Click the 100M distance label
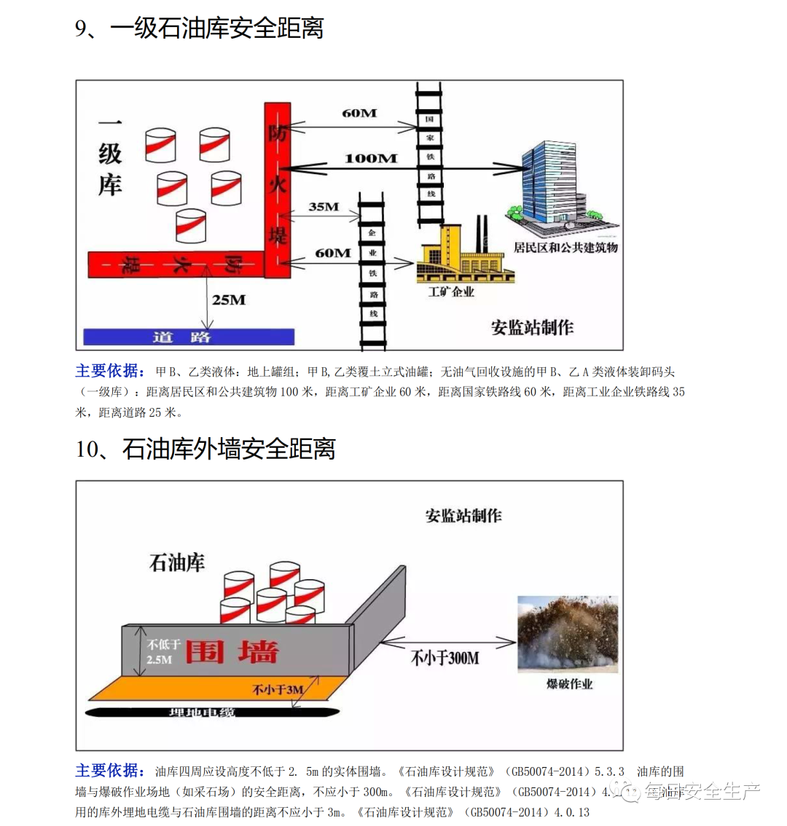[x=371, y=158]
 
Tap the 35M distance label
[x=324, y=207]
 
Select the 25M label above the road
[x=229, y=300]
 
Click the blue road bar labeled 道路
[x=189, y=337]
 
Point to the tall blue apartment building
[x=547, y=182]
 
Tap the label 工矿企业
[x=451, y=292]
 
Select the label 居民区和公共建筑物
[x=565, y=248]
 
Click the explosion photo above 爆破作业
[x=568, y=633]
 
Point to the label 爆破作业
[x=570, y=684]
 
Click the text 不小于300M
[x=445, y=658]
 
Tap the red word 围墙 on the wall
[x=232, y=650]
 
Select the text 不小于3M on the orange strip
[x=278, y=689]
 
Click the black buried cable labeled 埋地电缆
[x=211, y=711]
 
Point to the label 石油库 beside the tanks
[x=177, y=562]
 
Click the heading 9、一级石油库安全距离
[x=199, y=28]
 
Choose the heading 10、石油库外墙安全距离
[x=205, y=449]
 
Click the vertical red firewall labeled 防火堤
[x=278, y=189]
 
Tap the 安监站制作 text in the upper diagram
[x=532, y=328]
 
